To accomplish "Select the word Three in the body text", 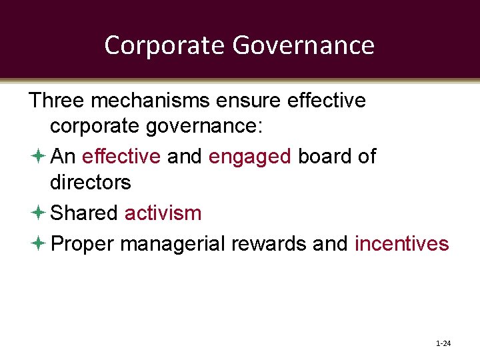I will [57, 100].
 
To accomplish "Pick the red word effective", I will [121, 156].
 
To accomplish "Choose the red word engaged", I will [250, 157].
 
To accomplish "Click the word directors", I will [91, 182].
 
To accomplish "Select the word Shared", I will [84, 213].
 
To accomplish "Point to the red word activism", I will [163, 213].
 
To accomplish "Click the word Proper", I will [83, 244].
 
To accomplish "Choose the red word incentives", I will [401, 243].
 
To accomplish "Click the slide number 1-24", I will [443, 344].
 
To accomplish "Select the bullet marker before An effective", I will [37, 157].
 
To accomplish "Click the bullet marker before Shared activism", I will [37, 213].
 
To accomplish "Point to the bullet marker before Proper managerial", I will [37, 244].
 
